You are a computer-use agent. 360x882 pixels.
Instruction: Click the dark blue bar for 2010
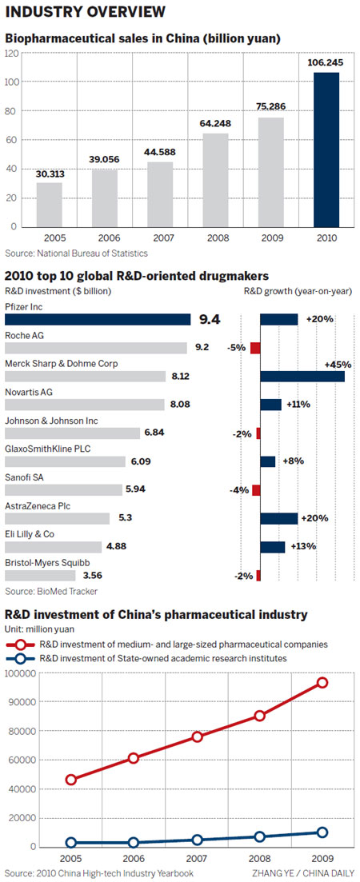coord(326,150)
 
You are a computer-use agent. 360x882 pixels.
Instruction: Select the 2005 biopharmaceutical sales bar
coord(49,205)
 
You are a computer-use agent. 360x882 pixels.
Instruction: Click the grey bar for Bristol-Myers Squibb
coord(40,576)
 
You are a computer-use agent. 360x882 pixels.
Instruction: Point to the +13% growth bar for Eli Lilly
coord(272,547)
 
